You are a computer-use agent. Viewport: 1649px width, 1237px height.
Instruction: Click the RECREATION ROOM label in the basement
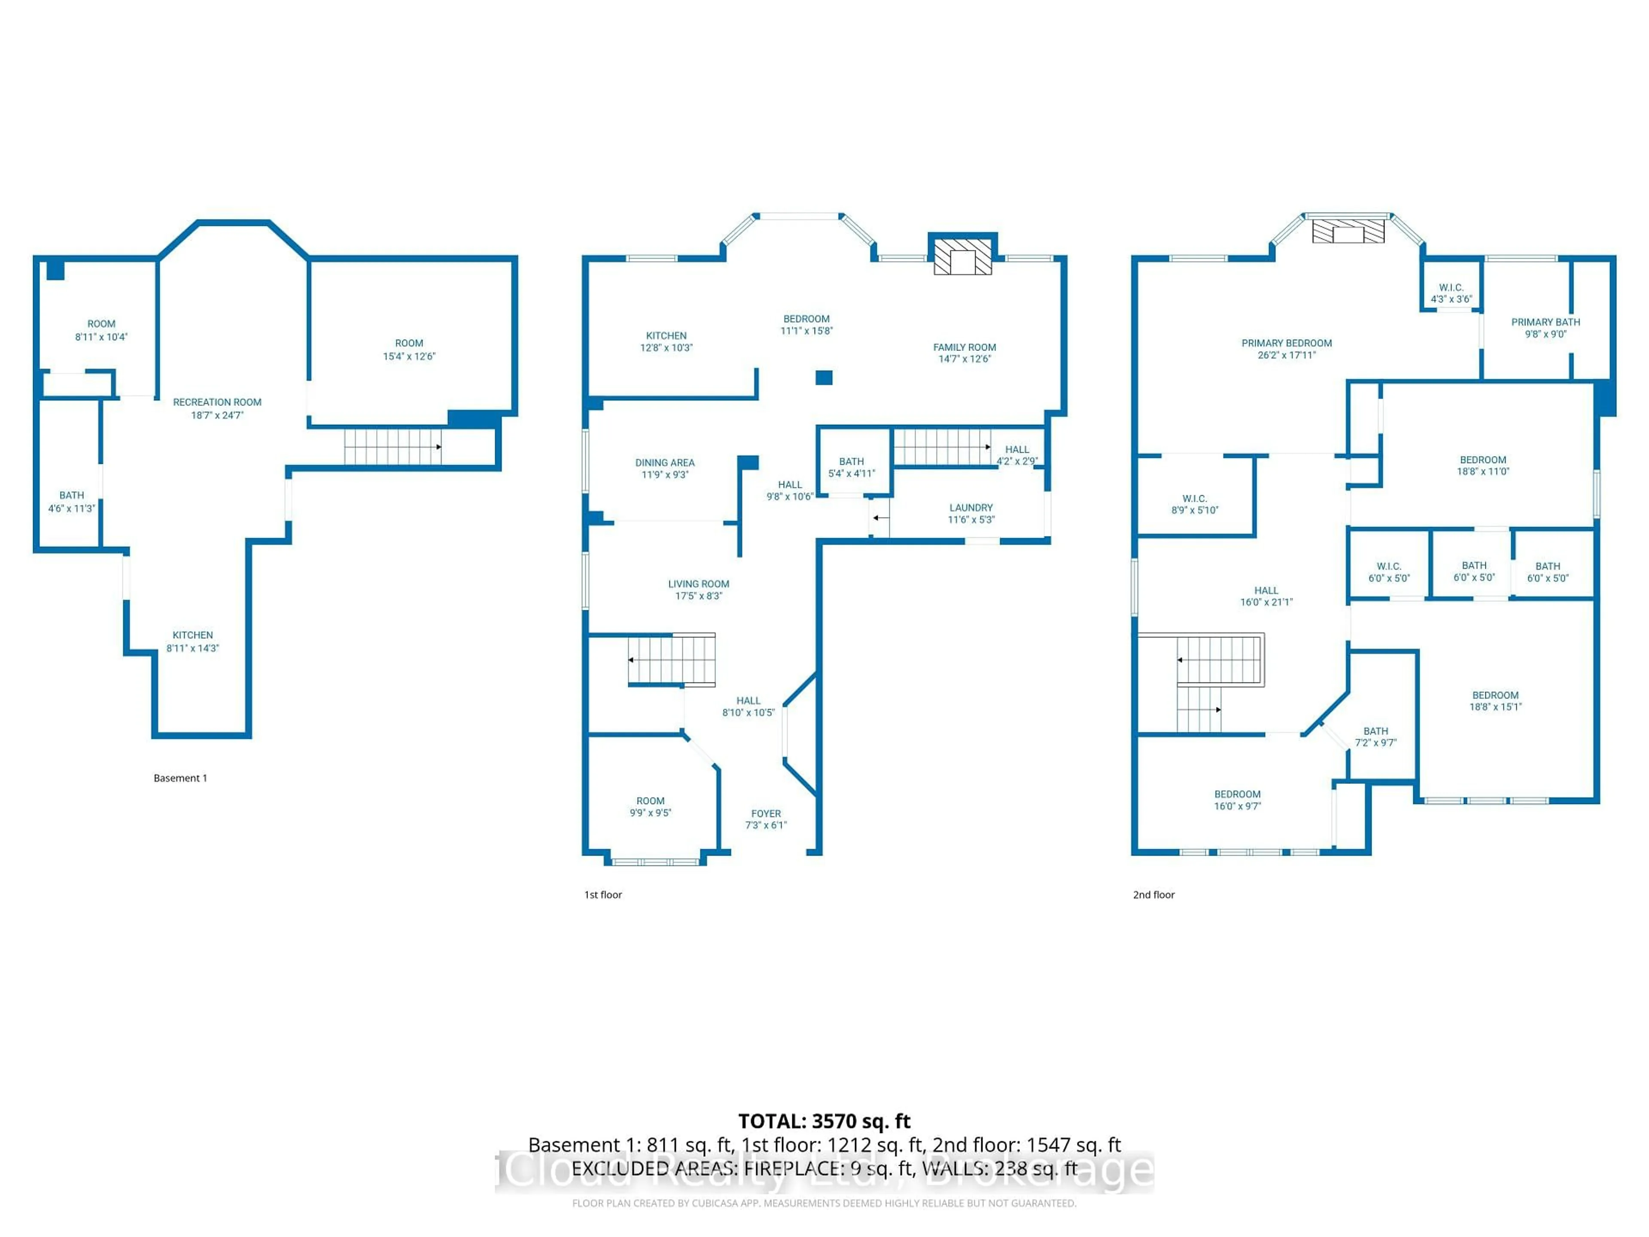[217, 402]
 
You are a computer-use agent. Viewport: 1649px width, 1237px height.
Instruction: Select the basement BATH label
[72, 495]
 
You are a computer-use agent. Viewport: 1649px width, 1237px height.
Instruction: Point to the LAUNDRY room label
[971, 508]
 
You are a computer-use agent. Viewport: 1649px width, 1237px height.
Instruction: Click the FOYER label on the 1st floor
[766, 813]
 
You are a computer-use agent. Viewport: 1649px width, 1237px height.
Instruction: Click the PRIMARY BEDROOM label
[1286, 343]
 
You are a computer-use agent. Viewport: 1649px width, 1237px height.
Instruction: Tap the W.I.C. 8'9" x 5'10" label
[1194, 504]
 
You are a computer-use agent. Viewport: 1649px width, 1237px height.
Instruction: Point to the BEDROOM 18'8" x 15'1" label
[1495, 701]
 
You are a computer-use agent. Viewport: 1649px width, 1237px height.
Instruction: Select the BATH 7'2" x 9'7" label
[1375, 737]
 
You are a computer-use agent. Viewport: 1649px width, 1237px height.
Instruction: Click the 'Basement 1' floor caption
[180, 778]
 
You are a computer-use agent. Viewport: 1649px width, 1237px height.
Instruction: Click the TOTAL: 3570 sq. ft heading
[824, 1121]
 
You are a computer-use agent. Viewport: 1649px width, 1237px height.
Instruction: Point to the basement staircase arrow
[438, 447]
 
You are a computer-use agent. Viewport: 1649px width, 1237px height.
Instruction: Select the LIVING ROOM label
[699, 584]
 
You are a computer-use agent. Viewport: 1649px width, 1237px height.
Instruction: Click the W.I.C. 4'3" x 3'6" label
[1451, 293]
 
